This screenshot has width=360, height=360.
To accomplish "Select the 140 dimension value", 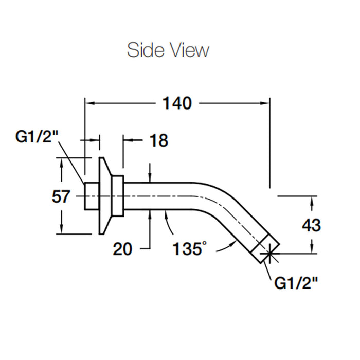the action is (x=177, y=103).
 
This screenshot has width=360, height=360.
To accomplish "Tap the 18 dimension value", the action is (x=158, y=140).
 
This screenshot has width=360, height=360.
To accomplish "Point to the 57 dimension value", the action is (x=61, y=196).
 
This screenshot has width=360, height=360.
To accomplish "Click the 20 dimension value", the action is (x=122, y=249).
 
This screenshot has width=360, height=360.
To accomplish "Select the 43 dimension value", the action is (x=311, y=225).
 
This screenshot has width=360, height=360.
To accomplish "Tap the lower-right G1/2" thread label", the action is (x=296, y=283).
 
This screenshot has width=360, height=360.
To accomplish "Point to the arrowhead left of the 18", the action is (x=127, y=140).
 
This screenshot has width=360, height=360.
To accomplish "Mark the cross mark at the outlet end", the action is (x=269, y=254).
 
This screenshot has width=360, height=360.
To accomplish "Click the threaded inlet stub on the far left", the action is (x=92, y=196).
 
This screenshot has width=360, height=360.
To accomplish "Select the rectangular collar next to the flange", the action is (x=118, y=196).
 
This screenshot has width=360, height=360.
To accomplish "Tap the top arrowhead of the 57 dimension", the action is (x=61, y=163).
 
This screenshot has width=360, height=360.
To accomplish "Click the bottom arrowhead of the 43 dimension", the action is (x=312, y=249).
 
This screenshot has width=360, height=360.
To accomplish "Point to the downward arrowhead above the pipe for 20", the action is (x=150, y=178).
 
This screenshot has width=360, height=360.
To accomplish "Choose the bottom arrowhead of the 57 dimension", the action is (x=61, y=229).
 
